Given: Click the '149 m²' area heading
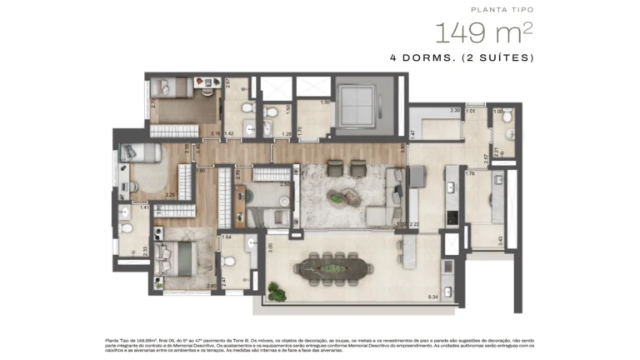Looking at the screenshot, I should (482, 33).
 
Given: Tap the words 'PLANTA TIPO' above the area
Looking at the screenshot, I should (502, 9).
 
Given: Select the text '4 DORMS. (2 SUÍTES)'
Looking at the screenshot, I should (461, 58).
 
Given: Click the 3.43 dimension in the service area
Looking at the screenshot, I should (500, 241).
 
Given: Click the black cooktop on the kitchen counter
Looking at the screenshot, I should (452, 216).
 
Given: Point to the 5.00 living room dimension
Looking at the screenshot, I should (401, 224).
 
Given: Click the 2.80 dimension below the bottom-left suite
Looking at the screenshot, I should (212, 287).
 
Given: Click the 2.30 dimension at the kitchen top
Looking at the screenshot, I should (455, 110).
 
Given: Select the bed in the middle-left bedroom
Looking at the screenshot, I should (138, 152).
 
